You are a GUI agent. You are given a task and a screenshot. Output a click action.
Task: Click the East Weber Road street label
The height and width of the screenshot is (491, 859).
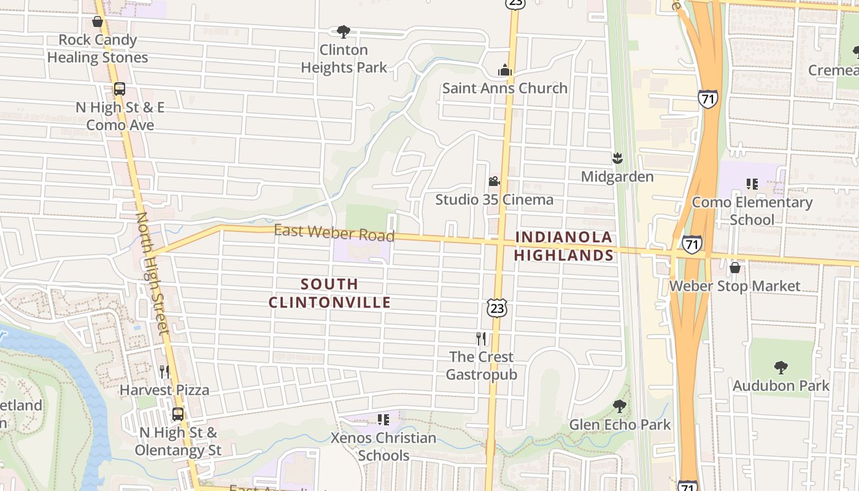(x=334, y=233)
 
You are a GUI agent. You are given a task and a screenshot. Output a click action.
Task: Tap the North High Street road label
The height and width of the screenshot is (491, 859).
(x=152, y=273)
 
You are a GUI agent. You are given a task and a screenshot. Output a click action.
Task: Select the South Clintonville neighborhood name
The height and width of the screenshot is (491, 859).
(x=329, y=293)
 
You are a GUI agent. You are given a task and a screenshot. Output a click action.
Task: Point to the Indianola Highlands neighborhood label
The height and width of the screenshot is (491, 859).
(x=564, y=246)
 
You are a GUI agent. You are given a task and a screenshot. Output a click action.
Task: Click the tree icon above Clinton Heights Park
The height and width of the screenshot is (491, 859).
(x=344, y=31)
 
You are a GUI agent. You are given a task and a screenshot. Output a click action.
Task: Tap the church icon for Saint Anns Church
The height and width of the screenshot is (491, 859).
(x=505, y=70)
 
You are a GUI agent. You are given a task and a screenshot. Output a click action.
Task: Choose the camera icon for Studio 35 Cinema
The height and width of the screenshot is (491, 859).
(x=494, y=182)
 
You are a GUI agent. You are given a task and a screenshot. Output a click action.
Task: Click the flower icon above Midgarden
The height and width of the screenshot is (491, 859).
(x=617, y=158)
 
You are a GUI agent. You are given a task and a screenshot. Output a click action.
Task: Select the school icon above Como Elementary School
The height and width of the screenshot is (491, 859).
(x=752, y=184)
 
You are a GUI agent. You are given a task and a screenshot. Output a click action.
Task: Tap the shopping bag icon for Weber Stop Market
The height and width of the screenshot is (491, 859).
(x=734, y=268)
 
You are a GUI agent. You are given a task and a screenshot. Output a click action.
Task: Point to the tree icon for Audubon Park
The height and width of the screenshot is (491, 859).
(x=780, y=368)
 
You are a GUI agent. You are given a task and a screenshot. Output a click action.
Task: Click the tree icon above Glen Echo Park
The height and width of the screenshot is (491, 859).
(x=620, y=406)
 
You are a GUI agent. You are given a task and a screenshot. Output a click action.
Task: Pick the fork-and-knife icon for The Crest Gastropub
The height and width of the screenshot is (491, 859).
(x=481, y=338)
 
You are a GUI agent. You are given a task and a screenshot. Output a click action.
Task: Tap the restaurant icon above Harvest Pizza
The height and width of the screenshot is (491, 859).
(x=164, y=371)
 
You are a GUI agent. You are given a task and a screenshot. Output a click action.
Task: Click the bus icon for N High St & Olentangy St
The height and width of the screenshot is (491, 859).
(x=178, y=414)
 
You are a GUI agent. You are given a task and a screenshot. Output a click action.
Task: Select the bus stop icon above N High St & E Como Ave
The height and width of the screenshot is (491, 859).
(x=120, y=89)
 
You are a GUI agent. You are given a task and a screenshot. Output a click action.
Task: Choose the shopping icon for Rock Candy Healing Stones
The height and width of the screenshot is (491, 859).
(x=98, y=22)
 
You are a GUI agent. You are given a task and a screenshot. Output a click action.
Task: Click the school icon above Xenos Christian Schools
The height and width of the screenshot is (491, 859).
(x=383, y=420)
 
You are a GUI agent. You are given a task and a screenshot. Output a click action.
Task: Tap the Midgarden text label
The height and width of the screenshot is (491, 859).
(x=617, y=177)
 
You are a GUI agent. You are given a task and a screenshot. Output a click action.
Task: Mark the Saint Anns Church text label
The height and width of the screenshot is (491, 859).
(x=505, y=88)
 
